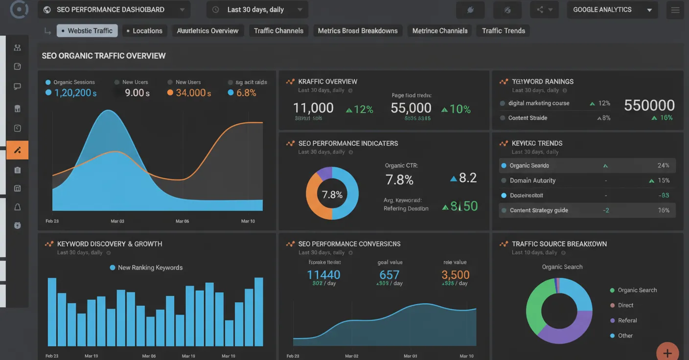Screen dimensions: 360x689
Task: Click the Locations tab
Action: point(144,31)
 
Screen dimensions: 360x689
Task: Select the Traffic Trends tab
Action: point(503,31)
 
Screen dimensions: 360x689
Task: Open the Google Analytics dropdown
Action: point(612,10)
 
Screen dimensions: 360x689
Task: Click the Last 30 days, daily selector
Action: point(257,10)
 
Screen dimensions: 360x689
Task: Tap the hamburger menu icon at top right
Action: point(675,10)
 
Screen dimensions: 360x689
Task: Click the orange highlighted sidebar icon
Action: point(17,150)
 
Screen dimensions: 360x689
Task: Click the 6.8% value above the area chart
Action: point(246,93)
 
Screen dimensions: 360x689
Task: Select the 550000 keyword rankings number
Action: point(649,105)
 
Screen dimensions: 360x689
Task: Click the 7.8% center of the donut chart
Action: point(332,195)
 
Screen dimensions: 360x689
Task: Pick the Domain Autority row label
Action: point(532,180)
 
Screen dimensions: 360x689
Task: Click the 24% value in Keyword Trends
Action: point(663,166)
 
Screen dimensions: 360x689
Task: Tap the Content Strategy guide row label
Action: point(539,210)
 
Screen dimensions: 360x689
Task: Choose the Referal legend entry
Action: point(627,320)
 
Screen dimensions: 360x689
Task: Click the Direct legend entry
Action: point(625,305)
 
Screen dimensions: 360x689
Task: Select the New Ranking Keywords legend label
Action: point(150,268)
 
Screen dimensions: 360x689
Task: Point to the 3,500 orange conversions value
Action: point(455,275)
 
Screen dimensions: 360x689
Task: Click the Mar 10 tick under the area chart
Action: point(248,221)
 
